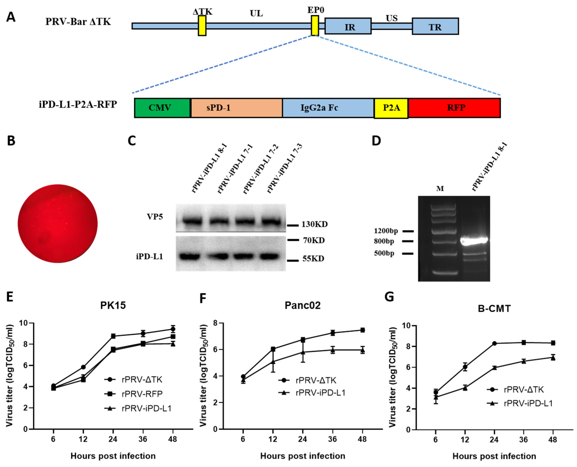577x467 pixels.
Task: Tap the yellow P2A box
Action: (391, 108)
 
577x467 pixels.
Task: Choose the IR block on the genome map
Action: (348, 26)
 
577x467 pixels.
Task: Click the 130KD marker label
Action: (314, 224)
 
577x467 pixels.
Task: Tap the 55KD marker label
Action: (313, 259)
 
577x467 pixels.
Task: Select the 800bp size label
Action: (384, 241)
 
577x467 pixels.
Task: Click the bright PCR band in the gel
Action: (474, 240)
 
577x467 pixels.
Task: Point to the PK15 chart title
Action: (113, 305)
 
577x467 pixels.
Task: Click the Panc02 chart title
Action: (303, 305)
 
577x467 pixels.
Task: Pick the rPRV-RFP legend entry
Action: (142, 394)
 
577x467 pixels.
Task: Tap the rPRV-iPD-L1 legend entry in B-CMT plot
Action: (528, 404)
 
